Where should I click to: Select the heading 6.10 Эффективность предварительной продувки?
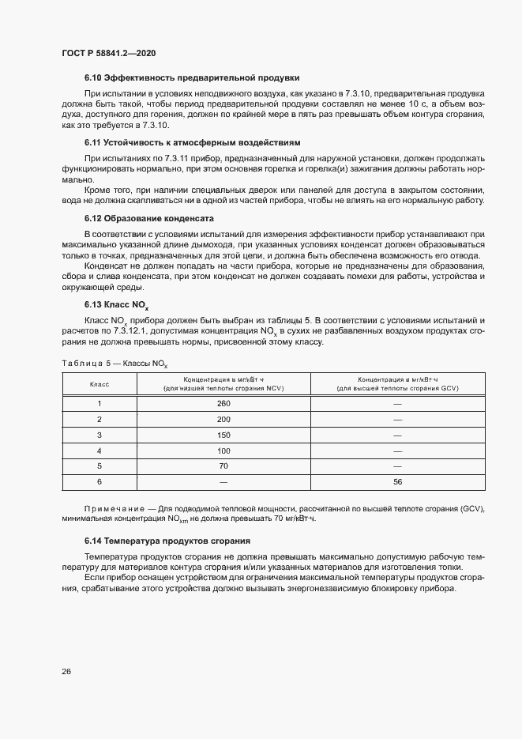click(x=192, y=77)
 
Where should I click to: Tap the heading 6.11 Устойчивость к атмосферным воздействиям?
click(x=193, y=143)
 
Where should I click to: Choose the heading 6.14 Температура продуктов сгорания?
click(x=167, y=541)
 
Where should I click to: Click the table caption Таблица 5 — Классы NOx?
click(x=114, y=363)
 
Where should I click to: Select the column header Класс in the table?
click(x=100, y=383)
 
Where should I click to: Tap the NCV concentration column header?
click(x=223, y=383)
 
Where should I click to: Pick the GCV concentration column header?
click(x=397, y=383)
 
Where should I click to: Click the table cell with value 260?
click(x=223, y=403)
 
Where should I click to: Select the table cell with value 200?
click(x=223, y=419)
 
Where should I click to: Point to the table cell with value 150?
click(x=223, y=435)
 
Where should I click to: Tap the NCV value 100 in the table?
click(x=223, y=451)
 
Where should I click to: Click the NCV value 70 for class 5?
click(x=223, y=466)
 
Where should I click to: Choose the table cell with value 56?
click(x=397, y=481)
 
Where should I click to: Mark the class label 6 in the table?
click(x=100, y=481)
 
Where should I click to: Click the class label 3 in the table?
click(x=100, y=435)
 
